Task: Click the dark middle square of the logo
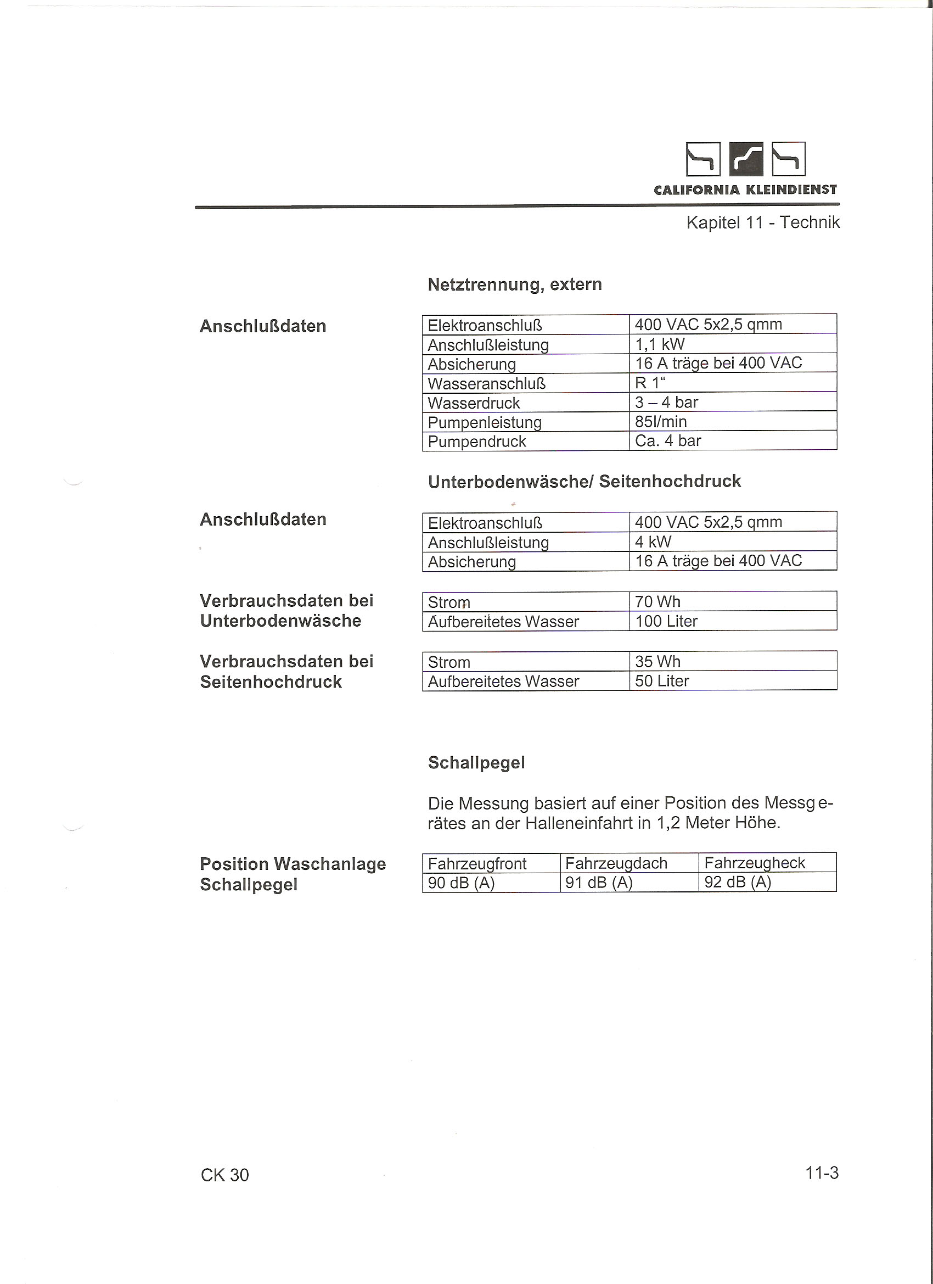[x=746, y=159]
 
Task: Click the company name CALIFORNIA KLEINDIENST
[x=745, y=190]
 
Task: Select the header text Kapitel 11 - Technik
[x=763, y=222]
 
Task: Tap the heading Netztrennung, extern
[x=514, y=284]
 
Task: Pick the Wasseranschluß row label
[x=486, y=383]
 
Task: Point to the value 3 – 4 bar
[x=666, y=402]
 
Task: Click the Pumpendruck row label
[x=476, y=441]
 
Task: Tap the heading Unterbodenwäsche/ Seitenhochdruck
[x=584, y=481]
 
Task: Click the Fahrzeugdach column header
[x=616, y=863]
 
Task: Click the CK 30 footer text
[x=224, y=1175]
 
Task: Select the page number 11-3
[x=822, y=1173]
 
